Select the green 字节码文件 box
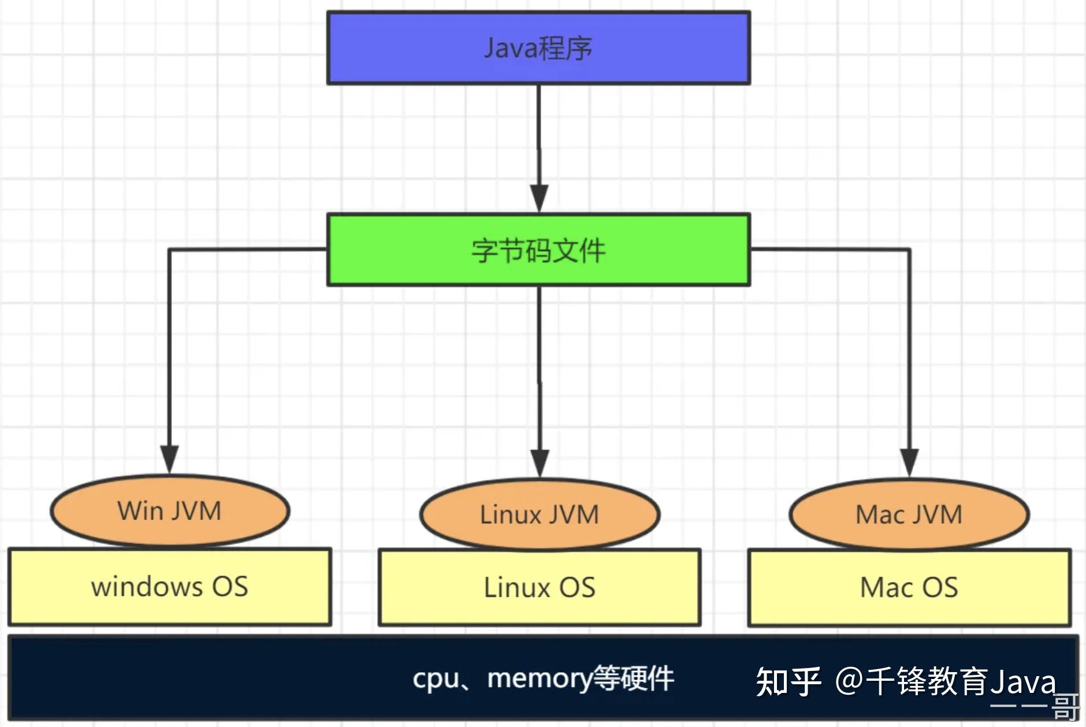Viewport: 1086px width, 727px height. coord(538,250)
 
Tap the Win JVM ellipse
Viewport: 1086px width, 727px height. coord(170,511)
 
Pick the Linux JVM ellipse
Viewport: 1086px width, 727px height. coord(540,514)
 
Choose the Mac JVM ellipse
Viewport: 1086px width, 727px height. coord(909,514)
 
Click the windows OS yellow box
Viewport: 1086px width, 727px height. coord(170,587)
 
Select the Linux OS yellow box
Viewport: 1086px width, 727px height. coord(540,588)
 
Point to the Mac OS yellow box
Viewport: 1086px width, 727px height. coord(909,588)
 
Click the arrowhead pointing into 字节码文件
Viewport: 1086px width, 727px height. coord(539,198)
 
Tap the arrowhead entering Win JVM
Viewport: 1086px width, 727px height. coord(169,459)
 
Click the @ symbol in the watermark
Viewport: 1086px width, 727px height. coord(849,681)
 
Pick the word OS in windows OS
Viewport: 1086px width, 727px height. coord(230,587)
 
